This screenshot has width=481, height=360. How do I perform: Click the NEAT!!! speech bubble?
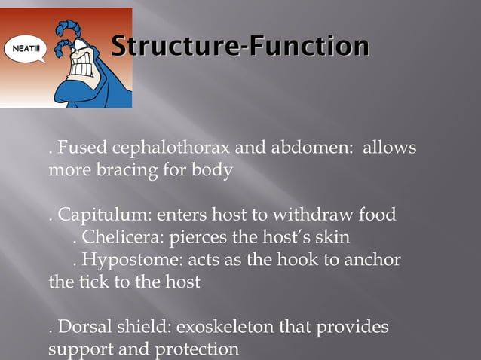pyautogui.click(x=26, y=50)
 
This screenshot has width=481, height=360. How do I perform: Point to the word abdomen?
pyautogui.click(x=311, y=148)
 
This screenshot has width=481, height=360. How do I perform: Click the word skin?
pyautogui.click(x=331, y=238)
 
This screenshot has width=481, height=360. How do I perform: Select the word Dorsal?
pyautogui.click(x=83, y=328)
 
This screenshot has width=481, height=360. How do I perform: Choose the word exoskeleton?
pyautogui.click(x=226, y=328)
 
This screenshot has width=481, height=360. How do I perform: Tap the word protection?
pyautogui.click(x=201, y=350)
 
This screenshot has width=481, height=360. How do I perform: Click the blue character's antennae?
pyautogui.click(x=72, y=23)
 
